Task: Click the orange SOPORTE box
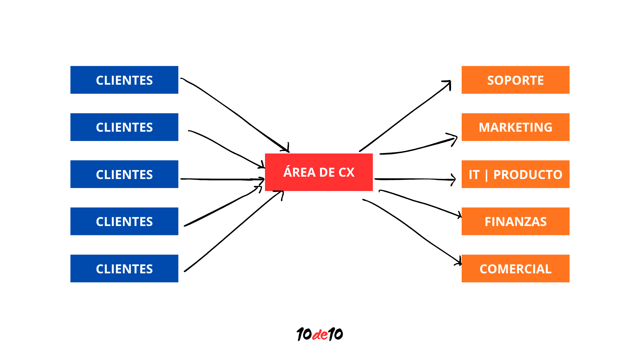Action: [x=515, y=80]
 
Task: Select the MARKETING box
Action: [x=515, y=127]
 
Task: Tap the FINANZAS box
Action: [x=515, y=221]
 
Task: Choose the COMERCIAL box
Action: [x=515, y=269]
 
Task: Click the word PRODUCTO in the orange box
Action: [x=528, y=175]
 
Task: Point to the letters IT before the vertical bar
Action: [x=474, y=175]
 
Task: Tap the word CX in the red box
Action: [x=346, y=172]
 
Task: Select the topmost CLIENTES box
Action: [x=124, y=80]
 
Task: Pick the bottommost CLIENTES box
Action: [x=124, y=269]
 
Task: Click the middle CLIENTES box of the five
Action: [x=124, y=174]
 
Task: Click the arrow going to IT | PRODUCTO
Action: [x=415, y=179]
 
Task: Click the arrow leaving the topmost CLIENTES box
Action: [x=233, y=112]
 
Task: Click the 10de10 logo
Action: [x=319, y=334]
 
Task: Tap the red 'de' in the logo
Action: [x=320, y=335]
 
